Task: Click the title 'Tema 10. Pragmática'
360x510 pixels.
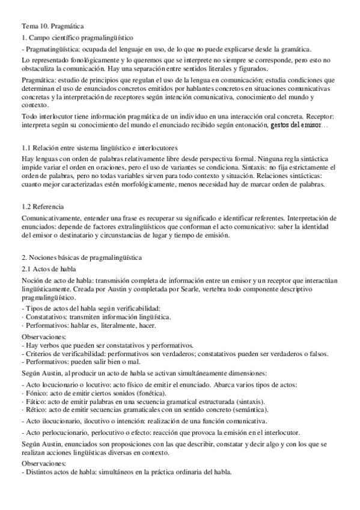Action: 53,26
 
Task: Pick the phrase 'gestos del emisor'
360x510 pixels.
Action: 296,124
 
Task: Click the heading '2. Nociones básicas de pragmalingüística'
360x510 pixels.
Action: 81,257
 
